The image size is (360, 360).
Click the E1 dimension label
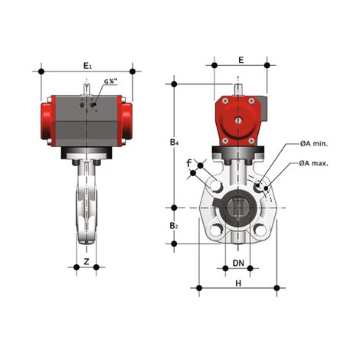point(87,66)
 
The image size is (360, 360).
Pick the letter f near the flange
point(189,163)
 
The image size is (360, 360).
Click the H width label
point(238,283)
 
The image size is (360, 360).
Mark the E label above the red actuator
point(240,60)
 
